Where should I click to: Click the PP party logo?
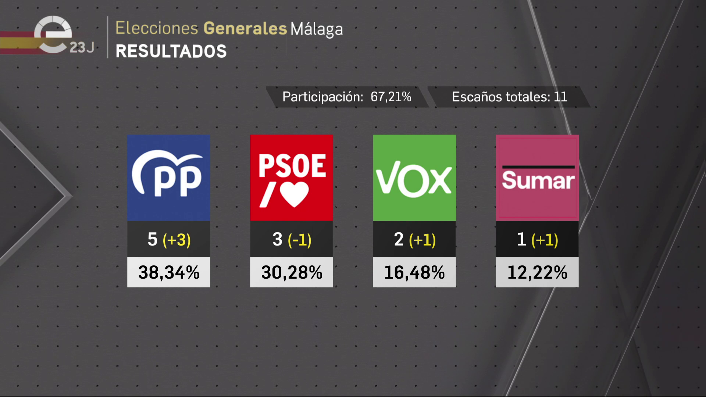(168, 178)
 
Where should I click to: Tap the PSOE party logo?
(291, 178)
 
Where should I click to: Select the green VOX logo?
(414, 178)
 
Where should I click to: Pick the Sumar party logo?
(537, 178)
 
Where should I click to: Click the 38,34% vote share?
(169, 272)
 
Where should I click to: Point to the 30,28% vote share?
(292, 272)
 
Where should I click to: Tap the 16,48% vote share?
(414, 272)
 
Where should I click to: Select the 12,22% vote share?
(537, 272)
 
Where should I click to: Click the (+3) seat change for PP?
(177, 240)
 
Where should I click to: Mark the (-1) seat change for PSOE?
(300, 240)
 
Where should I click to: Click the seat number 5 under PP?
(152, 239)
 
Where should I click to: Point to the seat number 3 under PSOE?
(277, 239)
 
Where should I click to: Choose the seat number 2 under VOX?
(399, 239)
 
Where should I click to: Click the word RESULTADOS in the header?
(171, 51)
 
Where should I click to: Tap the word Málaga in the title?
(317, 29)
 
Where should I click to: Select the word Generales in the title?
(245, 28)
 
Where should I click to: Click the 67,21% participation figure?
(391, 97)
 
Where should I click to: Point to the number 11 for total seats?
(560, 97)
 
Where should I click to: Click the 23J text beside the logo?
(82, 47)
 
